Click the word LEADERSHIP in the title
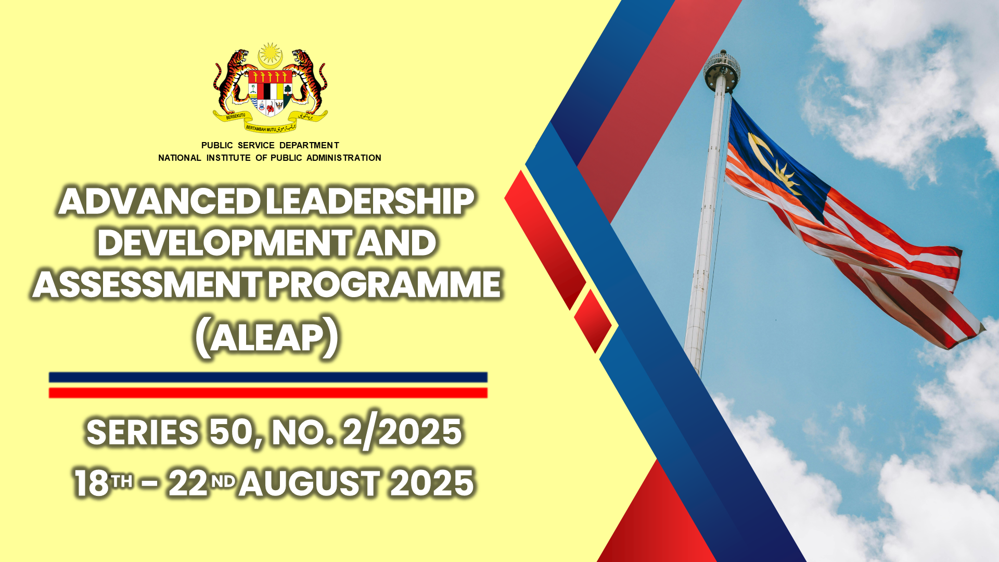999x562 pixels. [x=370, y=201]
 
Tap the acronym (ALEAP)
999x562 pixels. [x=267, y=338]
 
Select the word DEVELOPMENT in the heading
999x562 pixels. [x=224, y=243]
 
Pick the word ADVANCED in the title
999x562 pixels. [x=159, y=201]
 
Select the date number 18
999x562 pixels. [x=92, y=483]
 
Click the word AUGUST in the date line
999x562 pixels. [x=310, y=483]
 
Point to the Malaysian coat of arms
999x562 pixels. [x=270, y=87]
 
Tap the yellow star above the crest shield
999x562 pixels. [x=270, y=53]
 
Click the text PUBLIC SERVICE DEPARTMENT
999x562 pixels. [x=270, y=145]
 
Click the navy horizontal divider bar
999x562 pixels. [x=268, y=377]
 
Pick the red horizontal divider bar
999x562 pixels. [x=268, y=393]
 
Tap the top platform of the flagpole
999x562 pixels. [x=722, y=70]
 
